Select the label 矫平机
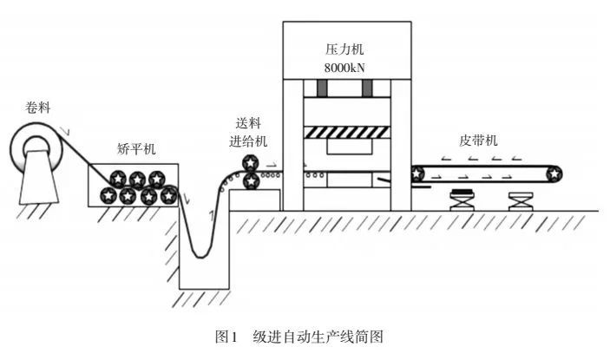coord(135,149)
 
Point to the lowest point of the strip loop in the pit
coord(200,257)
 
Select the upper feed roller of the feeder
coord(250,162)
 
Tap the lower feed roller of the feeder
coord(250,181)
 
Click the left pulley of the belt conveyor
coord(418,173)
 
